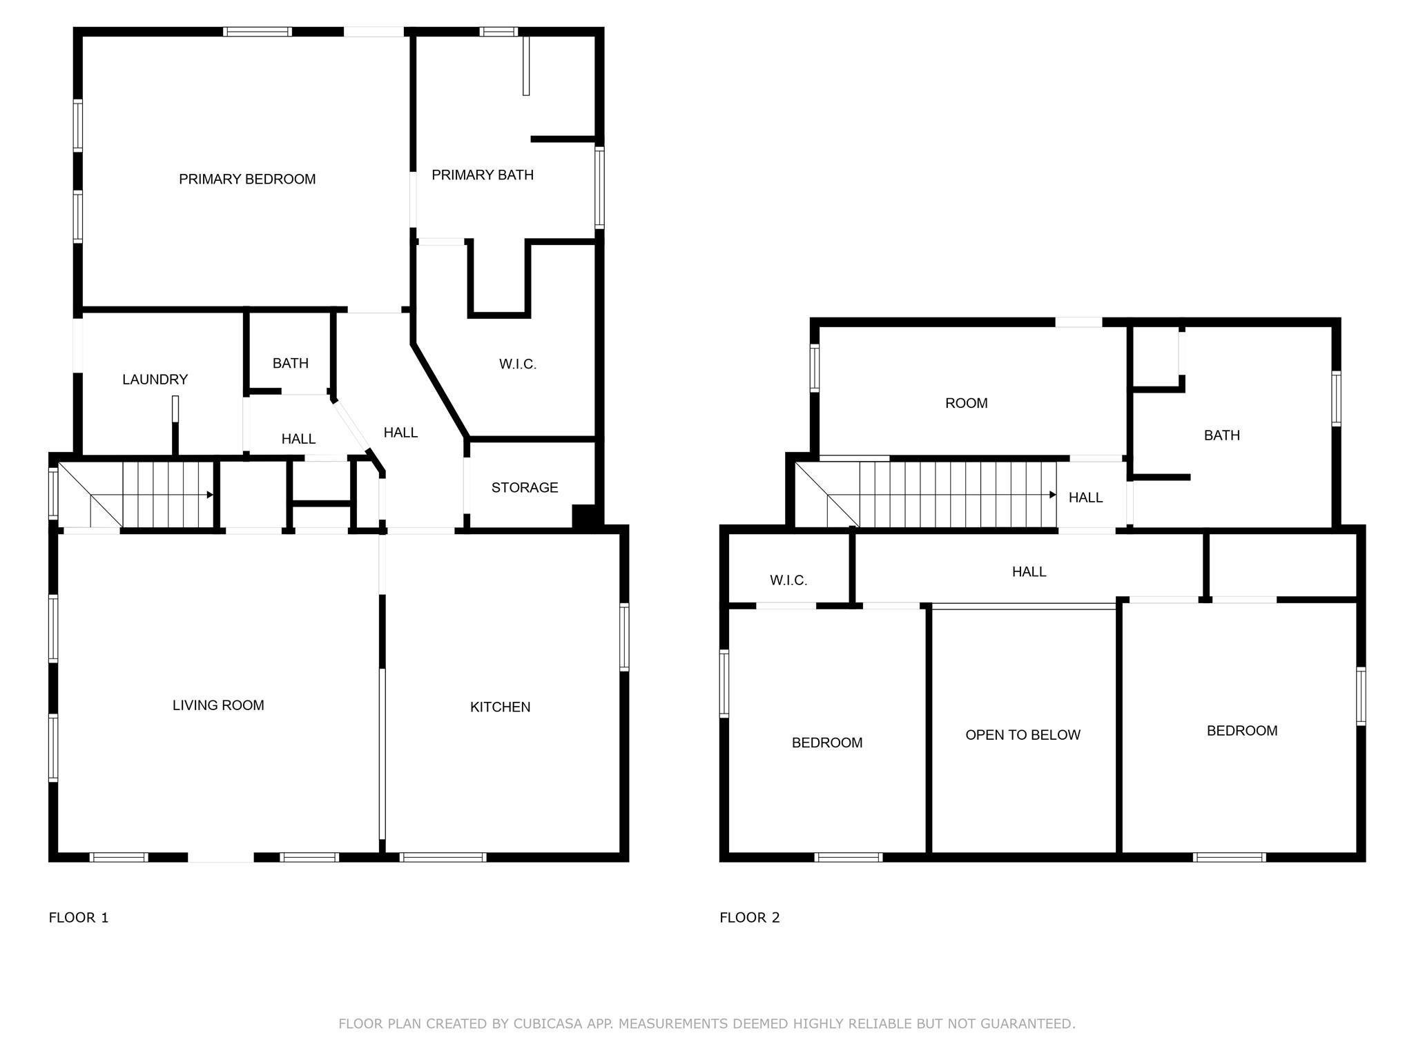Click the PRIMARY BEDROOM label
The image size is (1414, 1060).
click(x=247, y=179)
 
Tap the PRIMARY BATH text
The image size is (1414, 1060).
click(x=483, y=175)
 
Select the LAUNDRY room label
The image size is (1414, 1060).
click(x=155, y=380)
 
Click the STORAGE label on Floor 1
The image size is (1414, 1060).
click(x=525, y=488)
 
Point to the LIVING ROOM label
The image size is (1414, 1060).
click(x=218, y=705)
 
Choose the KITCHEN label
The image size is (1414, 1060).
click(x=500, y=707)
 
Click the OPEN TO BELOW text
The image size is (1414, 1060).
click(x=1023, y=735)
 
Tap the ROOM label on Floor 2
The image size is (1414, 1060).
click(x=966, y=404)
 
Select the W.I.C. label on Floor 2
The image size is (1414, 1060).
click(x=788, y=580)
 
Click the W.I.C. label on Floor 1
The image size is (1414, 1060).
click(x=518, y=364)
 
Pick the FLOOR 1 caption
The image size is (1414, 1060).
click(x=79, y=918)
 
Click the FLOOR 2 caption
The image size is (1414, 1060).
click(x=750, y=918)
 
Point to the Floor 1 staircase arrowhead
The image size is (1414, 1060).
click(x=210, y=495)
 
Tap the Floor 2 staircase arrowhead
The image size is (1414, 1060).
click(x=1053, y=495)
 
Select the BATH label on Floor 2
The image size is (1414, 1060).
click(x=1221, y=435)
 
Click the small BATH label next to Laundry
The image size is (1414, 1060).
click(x=290, y=364)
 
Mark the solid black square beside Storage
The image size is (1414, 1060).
click(x=584, y=517)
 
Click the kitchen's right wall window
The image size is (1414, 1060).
click(x=624, y=637)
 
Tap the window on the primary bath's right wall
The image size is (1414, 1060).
click(x=599, y=188)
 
